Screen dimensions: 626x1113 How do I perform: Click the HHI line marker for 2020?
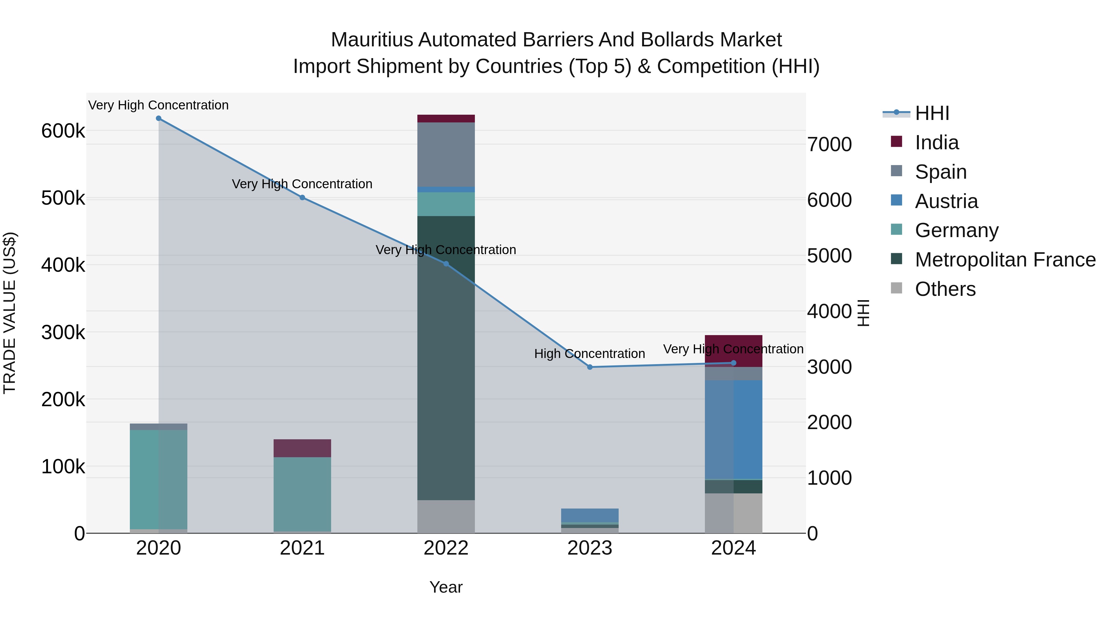[x=159, y=118]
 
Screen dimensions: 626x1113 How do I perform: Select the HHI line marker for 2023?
[x=590, y=367]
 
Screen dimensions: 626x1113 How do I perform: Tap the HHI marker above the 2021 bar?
[x=302, y=198]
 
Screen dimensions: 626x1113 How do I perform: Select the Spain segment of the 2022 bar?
[x=446, y=154]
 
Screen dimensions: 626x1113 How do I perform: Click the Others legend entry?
[x=945, y=289]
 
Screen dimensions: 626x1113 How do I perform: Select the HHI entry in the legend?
[x=932, y=113]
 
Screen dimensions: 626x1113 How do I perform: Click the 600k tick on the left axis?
[x=63, y=131]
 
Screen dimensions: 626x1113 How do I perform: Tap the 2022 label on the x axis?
[x=446, y=548]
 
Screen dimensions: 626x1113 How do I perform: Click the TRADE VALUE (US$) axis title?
[x=10, y=313]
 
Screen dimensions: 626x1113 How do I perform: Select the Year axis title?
[x=446, y=587]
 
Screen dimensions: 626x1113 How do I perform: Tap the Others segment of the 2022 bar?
[x=446, y=516]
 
